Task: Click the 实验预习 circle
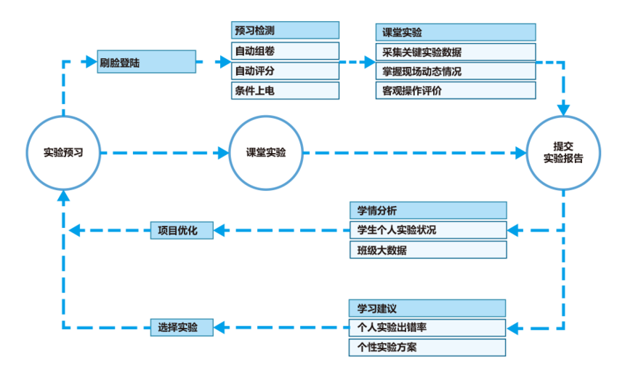[x=63, y=153]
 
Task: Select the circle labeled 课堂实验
[x=265, y=153]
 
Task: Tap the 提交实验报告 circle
[x=563, y=152]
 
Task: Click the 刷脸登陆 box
[x=146, y=63]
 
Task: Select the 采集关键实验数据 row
[x=456, y=52]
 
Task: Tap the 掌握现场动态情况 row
[x=456, y=71]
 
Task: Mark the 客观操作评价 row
[x=456, y=91]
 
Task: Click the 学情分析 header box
[x=427, y=210]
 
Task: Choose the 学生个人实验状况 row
[x=427, y=230]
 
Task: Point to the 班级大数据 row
[x=427, y=250]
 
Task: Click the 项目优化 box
[x=182, y=231]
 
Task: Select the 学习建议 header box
[x=427, y=308]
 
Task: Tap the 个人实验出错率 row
[x=427, y=328]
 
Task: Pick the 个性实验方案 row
[x=427, y=347]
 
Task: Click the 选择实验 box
[x=182, y=328]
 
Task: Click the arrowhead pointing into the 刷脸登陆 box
[x=89, y=62]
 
